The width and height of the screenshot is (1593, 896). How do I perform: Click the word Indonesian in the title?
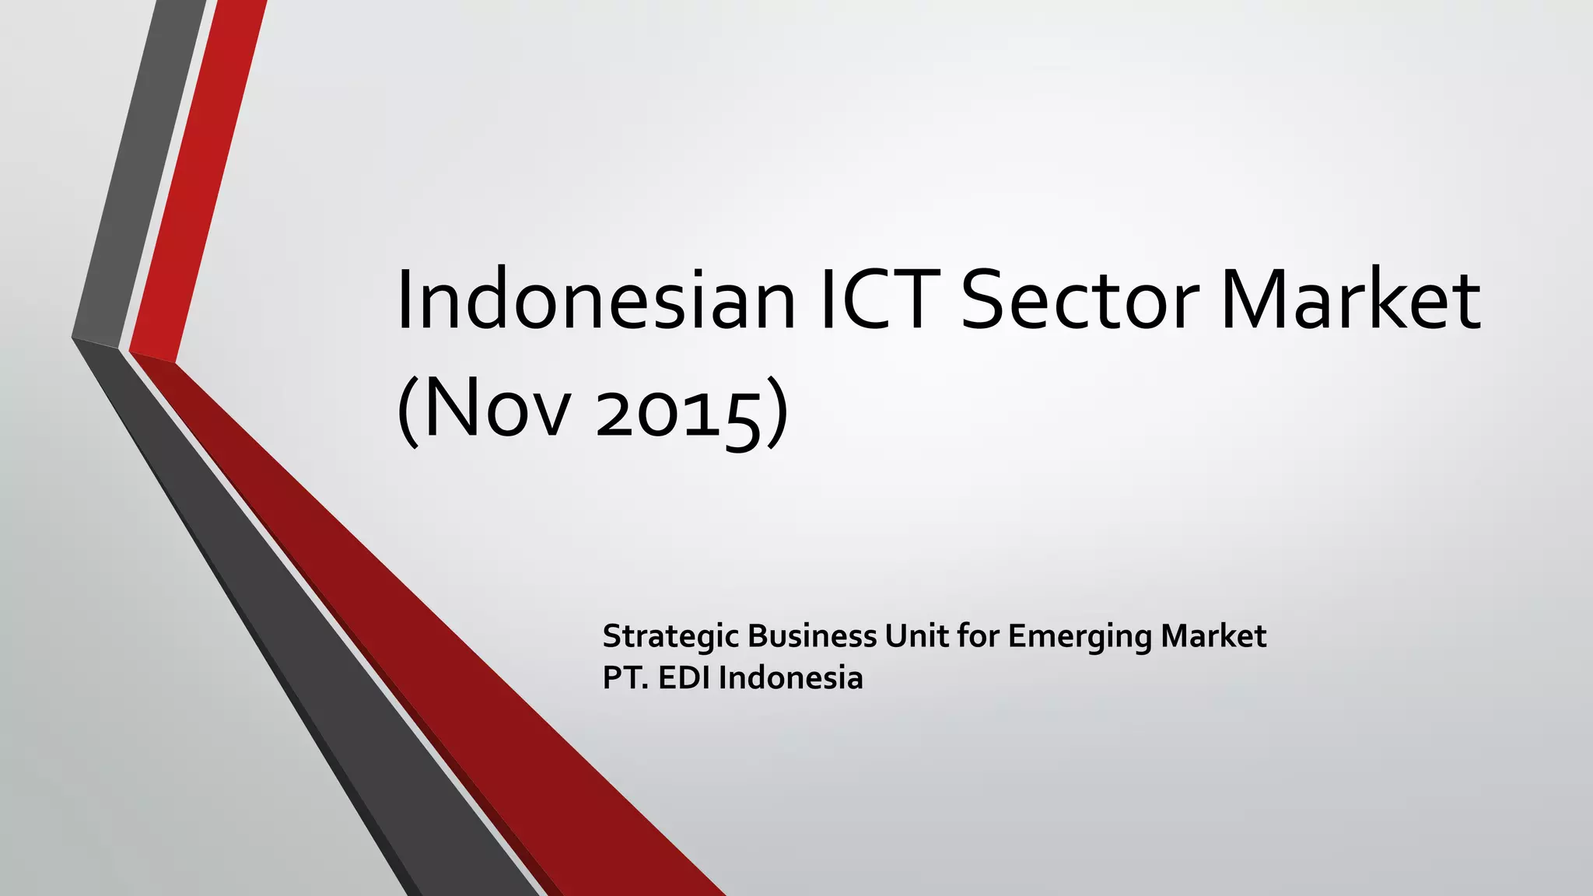(596, 300)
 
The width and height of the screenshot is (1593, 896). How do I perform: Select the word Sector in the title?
(1081, 300)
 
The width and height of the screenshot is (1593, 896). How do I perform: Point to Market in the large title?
(1350, 300)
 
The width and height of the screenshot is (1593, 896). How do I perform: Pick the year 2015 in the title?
(677, 412)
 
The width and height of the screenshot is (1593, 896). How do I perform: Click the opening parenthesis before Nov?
(409, 412)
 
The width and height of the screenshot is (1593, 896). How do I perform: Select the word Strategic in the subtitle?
(670, 637)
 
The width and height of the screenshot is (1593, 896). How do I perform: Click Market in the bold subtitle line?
(1213, 636)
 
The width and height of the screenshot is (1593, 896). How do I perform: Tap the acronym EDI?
(684, 678)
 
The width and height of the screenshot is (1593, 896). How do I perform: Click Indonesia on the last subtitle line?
(790, 678)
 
